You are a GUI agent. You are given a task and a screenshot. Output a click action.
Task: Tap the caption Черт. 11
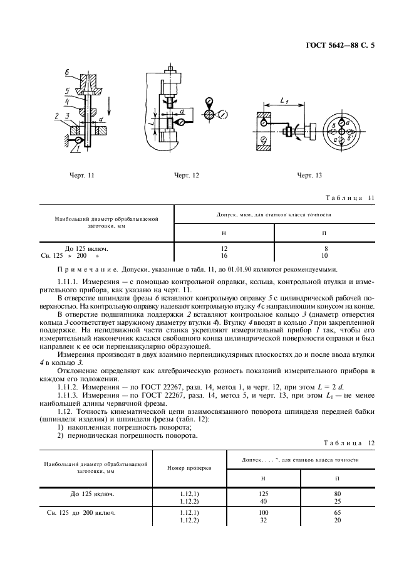point(81,176)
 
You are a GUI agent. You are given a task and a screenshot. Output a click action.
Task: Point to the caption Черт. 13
point(309,176)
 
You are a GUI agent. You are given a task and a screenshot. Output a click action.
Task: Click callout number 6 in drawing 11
point(67,73)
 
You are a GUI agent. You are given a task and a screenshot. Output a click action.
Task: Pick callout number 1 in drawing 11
point(75,149)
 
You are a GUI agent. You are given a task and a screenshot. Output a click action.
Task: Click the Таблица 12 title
point(348,443)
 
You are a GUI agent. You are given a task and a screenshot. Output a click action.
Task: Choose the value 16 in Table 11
point(224,256)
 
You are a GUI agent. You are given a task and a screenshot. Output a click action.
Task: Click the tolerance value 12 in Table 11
point(224,249)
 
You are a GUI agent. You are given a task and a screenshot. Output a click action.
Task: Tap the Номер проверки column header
point(189,468)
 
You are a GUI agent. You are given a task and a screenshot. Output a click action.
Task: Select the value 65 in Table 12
point(338,513)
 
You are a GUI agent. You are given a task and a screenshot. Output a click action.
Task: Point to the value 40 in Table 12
point(263,500)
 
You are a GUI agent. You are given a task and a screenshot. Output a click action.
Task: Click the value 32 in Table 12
point(263,520)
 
